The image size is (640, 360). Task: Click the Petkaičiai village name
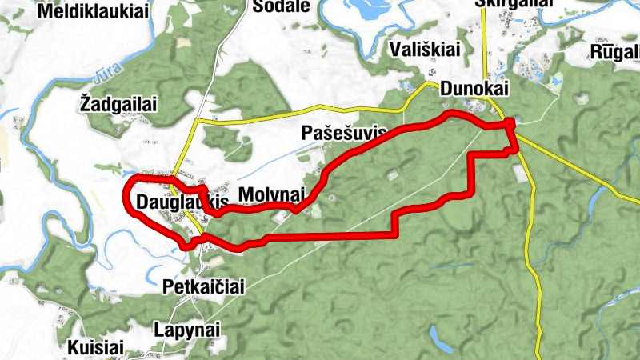[202, 286]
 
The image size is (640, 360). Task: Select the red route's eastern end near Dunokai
[512, 123]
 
